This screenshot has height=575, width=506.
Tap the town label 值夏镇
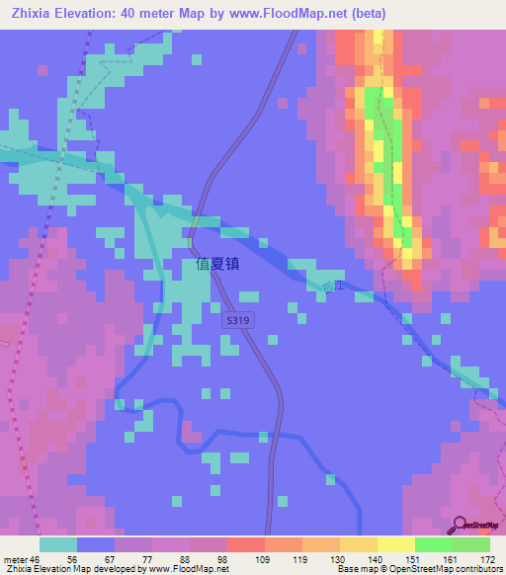(x=217, y=265)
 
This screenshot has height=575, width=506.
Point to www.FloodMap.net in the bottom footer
(x=190, y=569)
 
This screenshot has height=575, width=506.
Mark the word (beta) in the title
(x=366, y=14)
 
